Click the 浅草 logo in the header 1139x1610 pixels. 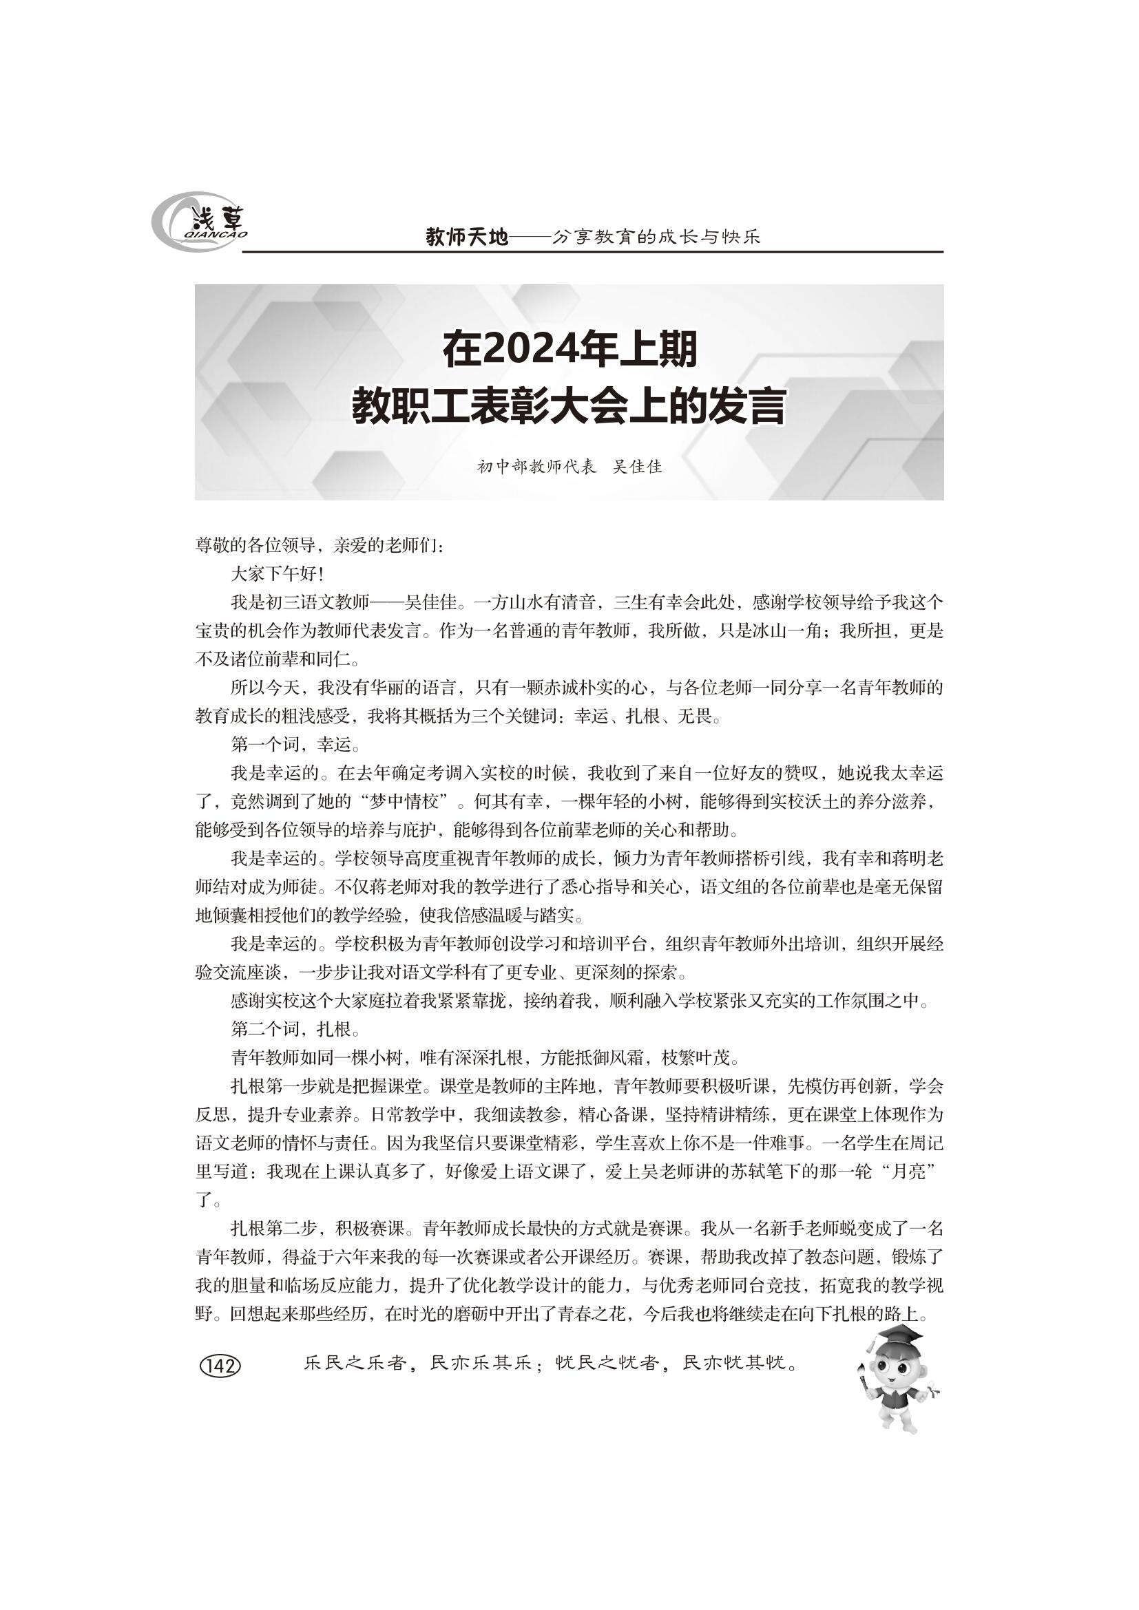coord(200,222)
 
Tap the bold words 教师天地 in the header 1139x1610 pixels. coord(466,237)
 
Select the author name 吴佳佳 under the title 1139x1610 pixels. coord(637,467)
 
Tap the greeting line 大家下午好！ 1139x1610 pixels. coord(277,574)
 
